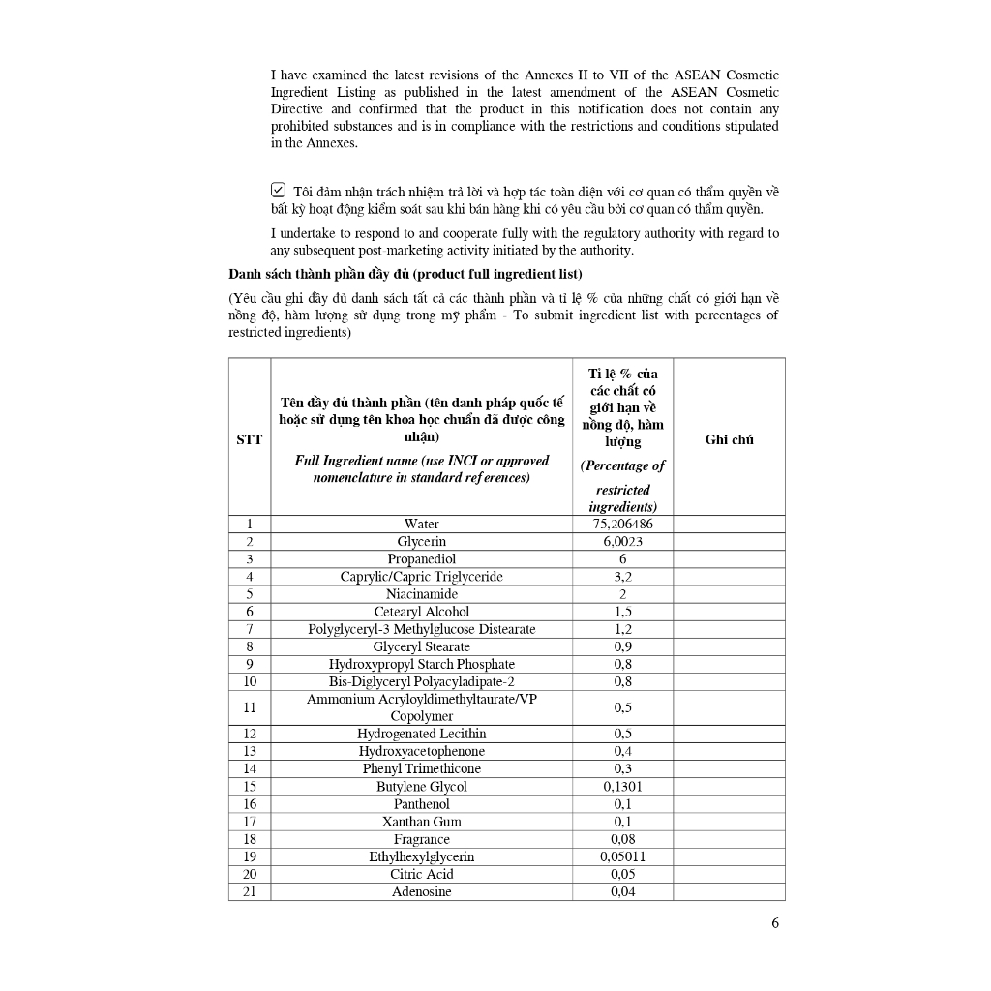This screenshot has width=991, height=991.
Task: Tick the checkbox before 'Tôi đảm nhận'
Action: tap(279, 191)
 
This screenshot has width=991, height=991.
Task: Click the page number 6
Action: tap(775, 922)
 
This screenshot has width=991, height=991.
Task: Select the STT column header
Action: tap(249, 439)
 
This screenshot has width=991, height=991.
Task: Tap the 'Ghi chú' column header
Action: tap(729, 439)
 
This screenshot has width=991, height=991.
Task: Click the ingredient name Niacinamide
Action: tap(421, 594)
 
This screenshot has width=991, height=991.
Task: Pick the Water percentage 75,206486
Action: tap(622, 524)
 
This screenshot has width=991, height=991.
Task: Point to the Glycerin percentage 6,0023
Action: tap(622, 541)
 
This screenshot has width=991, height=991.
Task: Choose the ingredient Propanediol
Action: tap(421, 559)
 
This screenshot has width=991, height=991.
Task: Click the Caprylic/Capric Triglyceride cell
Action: tap(421, 577)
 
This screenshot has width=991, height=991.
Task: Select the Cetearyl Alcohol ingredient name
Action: tap(421, 612)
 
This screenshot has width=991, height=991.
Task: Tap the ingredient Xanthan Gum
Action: tap(421, 822)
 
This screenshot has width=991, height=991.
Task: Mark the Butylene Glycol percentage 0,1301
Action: tap(622, 787)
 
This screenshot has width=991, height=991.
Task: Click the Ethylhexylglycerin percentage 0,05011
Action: tap(622, 856)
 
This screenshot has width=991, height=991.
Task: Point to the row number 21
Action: tap(249, 891)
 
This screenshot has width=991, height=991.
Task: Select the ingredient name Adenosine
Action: tap(421, 891)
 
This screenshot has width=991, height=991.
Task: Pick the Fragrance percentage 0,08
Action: tap(622, 839)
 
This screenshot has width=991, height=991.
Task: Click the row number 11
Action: tap(249, 707)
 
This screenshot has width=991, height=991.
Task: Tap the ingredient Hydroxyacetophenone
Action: tap(421, 751)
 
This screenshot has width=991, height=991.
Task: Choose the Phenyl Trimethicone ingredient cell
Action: tap(421, 768)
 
